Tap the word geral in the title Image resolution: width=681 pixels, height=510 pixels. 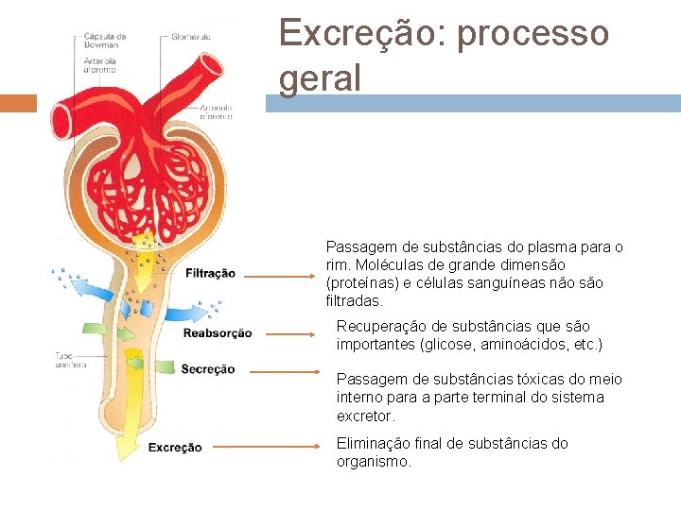[320, 79]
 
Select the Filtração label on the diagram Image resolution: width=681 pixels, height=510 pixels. [210, 274]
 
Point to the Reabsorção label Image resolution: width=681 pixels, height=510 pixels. [218, 332]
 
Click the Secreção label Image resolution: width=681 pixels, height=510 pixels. [207, 369]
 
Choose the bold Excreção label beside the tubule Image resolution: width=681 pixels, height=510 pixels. [175, 448]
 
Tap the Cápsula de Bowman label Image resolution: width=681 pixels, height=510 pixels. [104, 41]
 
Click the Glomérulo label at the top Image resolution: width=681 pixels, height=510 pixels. [191, 37]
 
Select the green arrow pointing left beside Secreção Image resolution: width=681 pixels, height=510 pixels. [136, 364]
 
